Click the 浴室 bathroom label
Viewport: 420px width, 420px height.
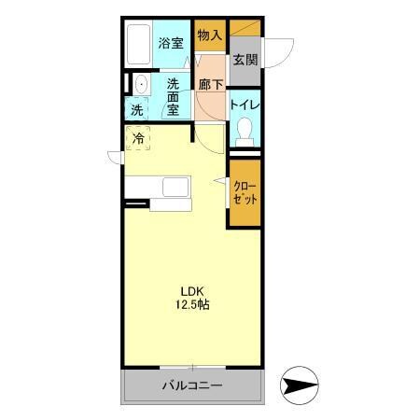tap(169, 42)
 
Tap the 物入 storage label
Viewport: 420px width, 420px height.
tap(210, 35)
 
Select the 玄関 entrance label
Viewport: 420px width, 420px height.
tap(245, 60)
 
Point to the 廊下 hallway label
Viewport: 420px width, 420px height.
tap(211, 85)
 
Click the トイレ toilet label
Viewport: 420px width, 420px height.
tap(245, 105)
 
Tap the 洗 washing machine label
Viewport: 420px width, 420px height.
tap(136, 110)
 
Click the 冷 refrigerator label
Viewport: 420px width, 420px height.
tap(138, 139)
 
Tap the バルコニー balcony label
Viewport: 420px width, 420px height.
tap(190, 385)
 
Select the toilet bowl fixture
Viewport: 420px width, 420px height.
tap(245, 132)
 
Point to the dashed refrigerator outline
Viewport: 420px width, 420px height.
tap(138, 139)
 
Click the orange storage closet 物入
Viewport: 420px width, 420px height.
tap(210, 37)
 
